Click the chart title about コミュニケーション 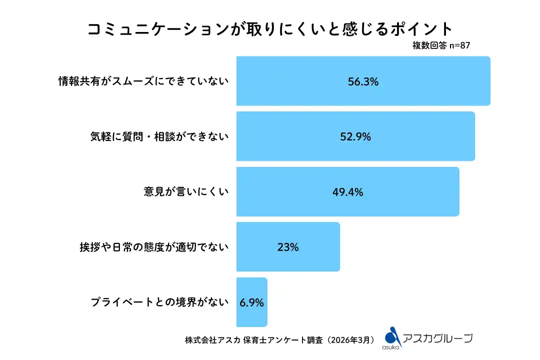pos(270,28)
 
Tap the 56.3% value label pos(363,81)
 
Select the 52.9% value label pos(355,136)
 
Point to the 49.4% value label pos(347,192)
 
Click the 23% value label pos(287,247)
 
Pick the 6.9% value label pos(251,302)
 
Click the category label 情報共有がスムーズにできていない pos(143,81)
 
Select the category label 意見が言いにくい pos(186,192)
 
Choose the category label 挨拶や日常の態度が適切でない pos(153,247)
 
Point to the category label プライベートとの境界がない pos(159,302)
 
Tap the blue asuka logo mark pos(393,334)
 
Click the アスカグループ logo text pos(437,338)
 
